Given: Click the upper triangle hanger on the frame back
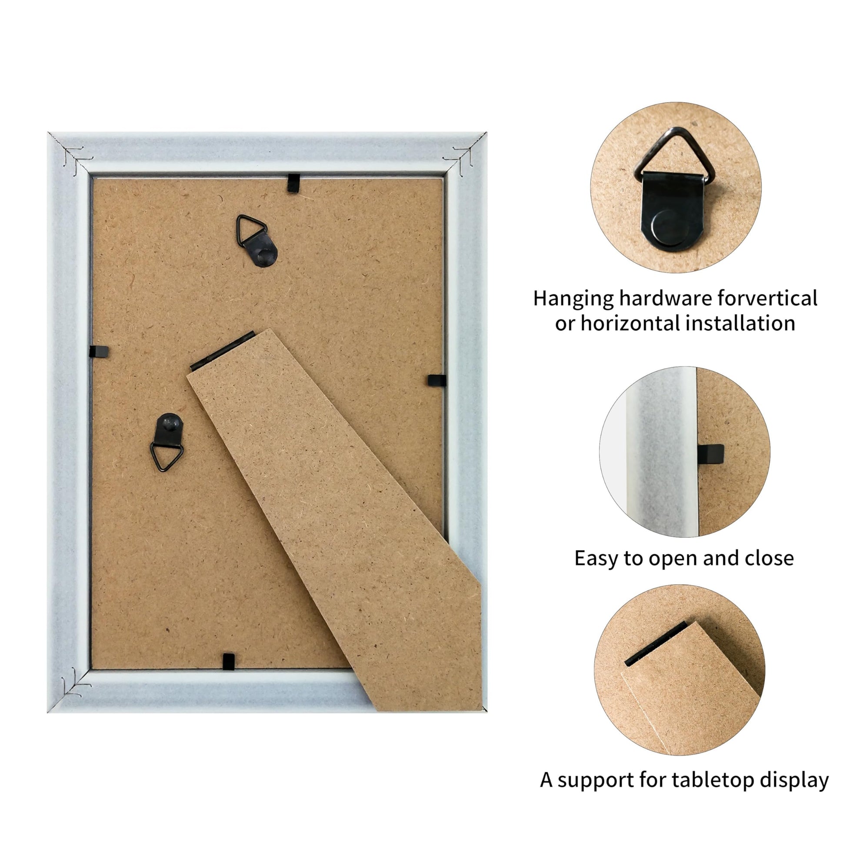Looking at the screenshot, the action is coord(257,240).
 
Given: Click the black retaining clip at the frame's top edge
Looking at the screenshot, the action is coord(293,183).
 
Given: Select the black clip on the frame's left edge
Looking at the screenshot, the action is coord(99,351).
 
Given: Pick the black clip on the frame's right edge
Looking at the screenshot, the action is coord(436,380).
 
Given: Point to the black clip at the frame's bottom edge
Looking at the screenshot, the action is coord(229,661).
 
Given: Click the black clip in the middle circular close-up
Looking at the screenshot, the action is coord(710,454).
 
